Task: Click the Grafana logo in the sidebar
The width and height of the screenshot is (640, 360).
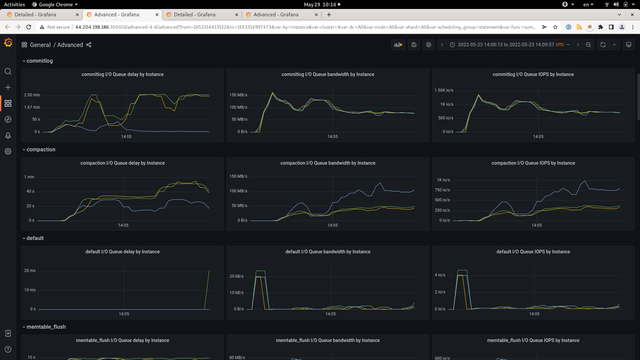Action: (8, 43)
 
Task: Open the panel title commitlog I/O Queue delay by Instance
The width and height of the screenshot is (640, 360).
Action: (122, 74)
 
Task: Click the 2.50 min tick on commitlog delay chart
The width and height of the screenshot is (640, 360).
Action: (32, 95)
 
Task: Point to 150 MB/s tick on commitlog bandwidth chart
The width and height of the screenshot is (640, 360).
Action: (238, 95)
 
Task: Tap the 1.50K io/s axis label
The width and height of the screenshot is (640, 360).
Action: (444, 90)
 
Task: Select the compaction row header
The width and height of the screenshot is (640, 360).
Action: (41, 150)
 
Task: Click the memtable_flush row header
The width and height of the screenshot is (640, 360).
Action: (46, 327)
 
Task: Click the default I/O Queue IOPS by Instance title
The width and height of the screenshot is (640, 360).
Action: (533, 252)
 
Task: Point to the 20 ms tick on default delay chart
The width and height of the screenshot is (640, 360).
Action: (30, 271)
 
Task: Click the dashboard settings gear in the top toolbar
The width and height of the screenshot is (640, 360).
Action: (429, 45)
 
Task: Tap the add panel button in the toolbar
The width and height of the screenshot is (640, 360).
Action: (398, 45)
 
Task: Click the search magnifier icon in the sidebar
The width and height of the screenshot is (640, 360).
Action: (8, 71)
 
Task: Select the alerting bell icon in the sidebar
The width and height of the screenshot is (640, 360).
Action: (8, 135)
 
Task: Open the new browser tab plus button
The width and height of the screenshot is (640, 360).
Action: (329, 15)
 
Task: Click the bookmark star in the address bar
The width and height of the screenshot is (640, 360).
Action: (555, 27)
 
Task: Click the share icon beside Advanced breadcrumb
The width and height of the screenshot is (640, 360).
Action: (89, 45)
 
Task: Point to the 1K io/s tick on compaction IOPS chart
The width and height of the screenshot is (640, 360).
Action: (443, 180)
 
